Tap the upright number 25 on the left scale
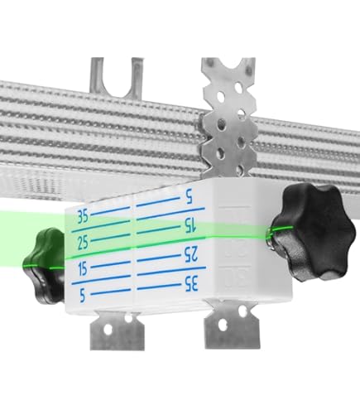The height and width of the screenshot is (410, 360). (x=81, y=242)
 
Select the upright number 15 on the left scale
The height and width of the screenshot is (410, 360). (x=81, y=268)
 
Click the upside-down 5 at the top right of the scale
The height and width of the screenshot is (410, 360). (x=189, y=198)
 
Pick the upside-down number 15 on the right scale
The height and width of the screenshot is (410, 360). (x=190, y=224)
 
